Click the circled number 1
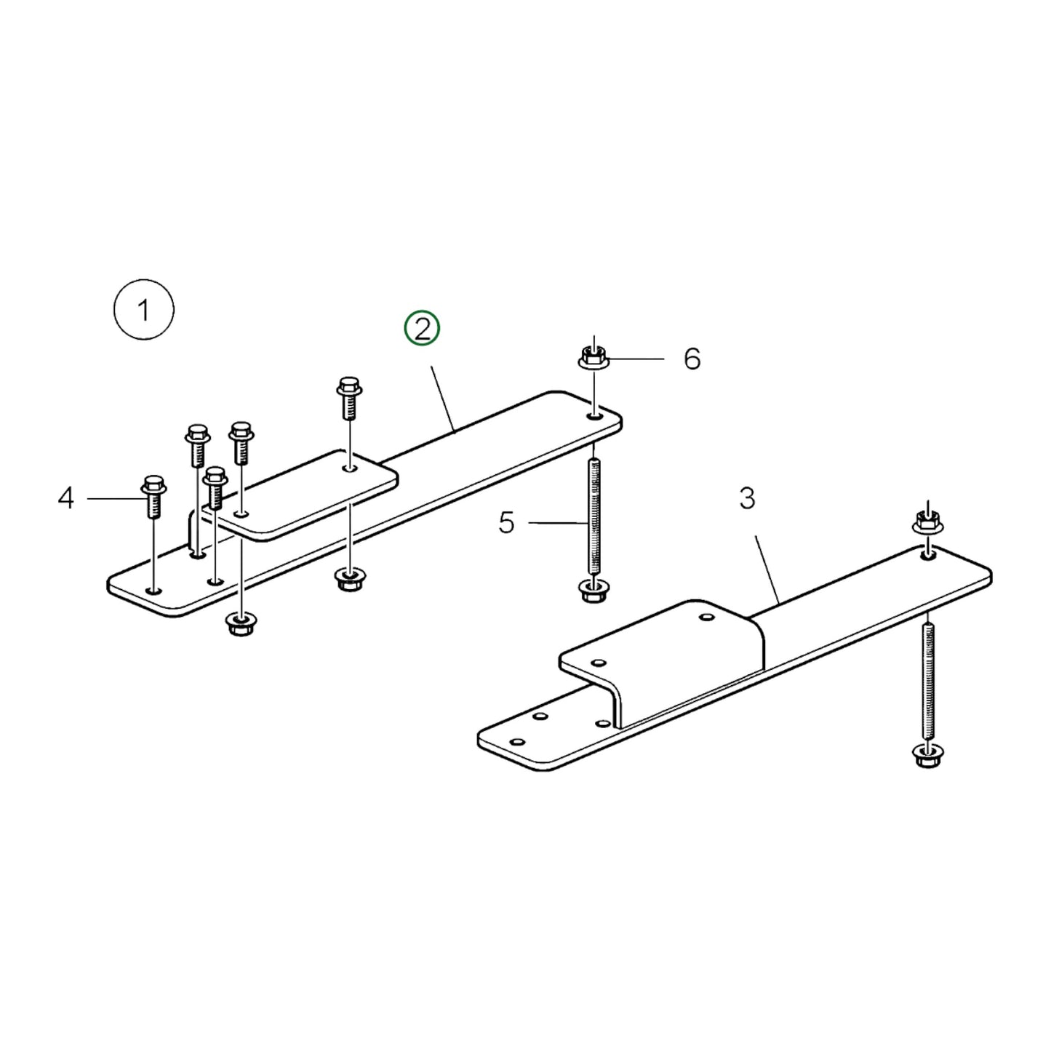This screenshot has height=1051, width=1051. (144, 311)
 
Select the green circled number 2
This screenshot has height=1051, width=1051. (423, 329)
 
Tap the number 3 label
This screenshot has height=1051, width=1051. (747, 499)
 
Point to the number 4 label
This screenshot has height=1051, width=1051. (66, 499)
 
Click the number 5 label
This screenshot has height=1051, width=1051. (507, 522)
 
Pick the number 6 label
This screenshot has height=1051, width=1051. (692, 359)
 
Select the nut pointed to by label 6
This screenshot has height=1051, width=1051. (594, 357)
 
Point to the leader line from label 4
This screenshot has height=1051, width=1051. (113, 499)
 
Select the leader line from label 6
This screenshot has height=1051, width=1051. (636, 359)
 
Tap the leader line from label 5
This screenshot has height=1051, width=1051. (556, 522)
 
